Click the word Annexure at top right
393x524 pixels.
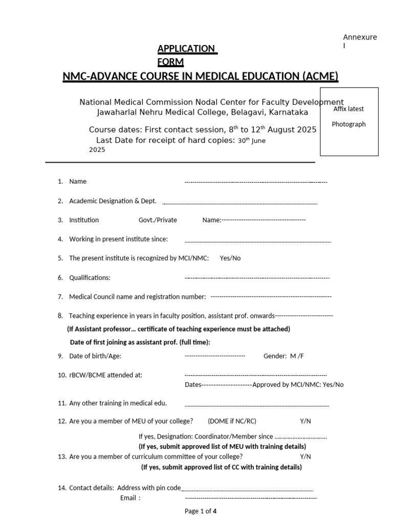tap(360, 37)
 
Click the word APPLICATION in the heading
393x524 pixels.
tap(186, 49)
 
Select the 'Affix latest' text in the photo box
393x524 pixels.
tap(348, 109)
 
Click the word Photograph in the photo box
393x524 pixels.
tap(348, 124)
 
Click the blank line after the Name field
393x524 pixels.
tap(255, 182)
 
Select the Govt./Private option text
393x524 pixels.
tap(158, 220)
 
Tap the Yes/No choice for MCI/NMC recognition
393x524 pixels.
tap(230, 258)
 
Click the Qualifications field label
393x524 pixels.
tap(90, 278)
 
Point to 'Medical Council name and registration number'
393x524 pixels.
tap(137, 297)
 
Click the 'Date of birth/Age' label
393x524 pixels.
tap(95, 356)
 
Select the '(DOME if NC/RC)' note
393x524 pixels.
tap(232, 421)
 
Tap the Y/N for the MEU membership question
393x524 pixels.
tap(305, 421)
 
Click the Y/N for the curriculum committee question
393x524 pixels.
tap(305, 456)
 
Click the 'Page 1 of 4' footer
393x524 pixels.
tap(201, 511)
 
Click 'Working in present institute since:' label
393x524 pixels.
tap(118, 239)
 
